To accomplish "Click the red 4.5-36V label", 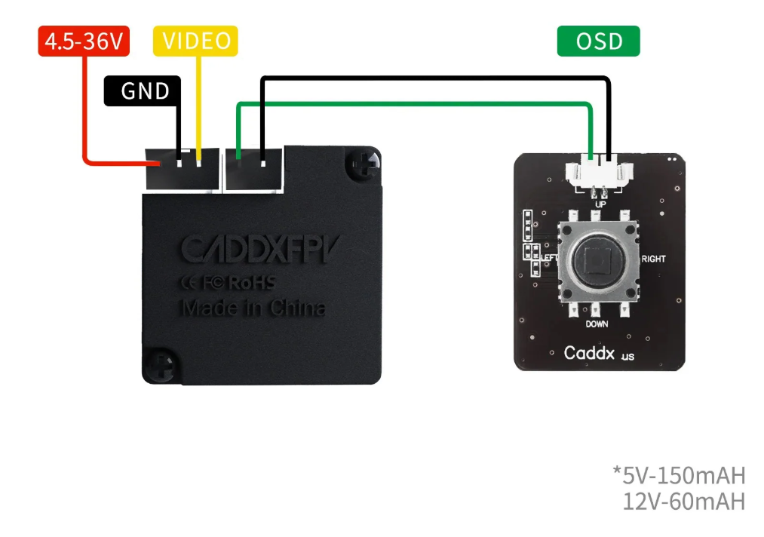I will pos(84,41).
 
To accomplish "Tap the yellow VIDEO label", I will pos(195,41).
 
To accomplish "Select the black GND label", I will pos(143,91).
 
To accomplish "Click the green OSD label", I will pos(598,41).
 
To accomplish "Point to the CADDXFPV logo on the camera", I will pos(256,250).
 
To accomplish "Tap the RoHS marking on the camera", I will pos(250,283).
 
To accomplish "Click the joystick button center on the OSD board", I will pos(596,262).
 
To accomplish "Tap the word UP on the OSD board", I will pos(600,204).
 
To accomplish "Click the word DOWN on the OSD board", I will pos(596,324).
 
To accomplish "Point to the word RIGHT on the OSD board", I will pos(653,259).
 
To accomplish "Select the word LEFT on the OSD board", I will pos(550,258).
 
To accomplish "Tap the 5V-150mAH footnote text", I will pos(679,475).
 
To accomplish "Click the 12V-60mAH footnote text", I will pos(683,501).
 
